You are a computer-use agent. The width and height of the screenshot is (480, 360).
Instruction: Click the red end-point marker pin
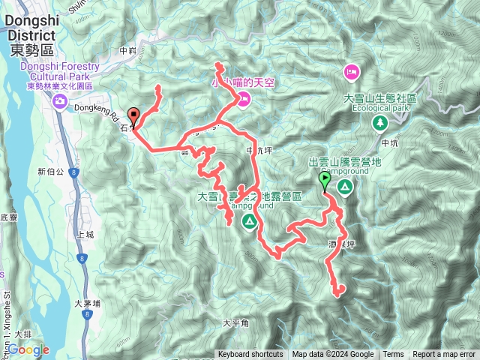click(134, 117)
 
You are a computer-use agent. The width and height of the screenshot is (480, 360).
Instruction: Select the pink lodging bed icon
click(350, 71)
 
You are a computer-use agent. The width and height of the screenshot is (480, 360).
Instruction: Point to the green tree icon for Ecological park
click(380, 121)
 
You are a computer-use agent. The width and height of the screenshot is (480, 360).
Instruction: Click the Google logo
click(28, 350)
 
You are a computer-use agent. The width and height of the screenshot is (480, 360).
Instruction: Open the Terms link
click(393, 355)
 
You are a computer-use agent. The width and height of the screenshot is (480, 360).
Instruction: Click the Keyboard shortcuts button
click(250, 355)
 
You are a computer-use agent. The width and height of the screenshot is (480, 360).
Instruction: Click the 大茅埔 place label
click(87, 304)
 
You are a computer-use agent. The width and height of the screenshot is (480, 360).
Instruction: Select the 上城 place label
click(85, 234)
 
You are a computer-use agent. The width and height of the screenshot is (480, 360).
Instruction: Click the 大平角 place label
click(235, 323)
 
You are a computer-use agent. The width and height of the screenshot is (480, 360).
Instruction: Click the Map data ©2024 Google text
click(332, 355)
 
